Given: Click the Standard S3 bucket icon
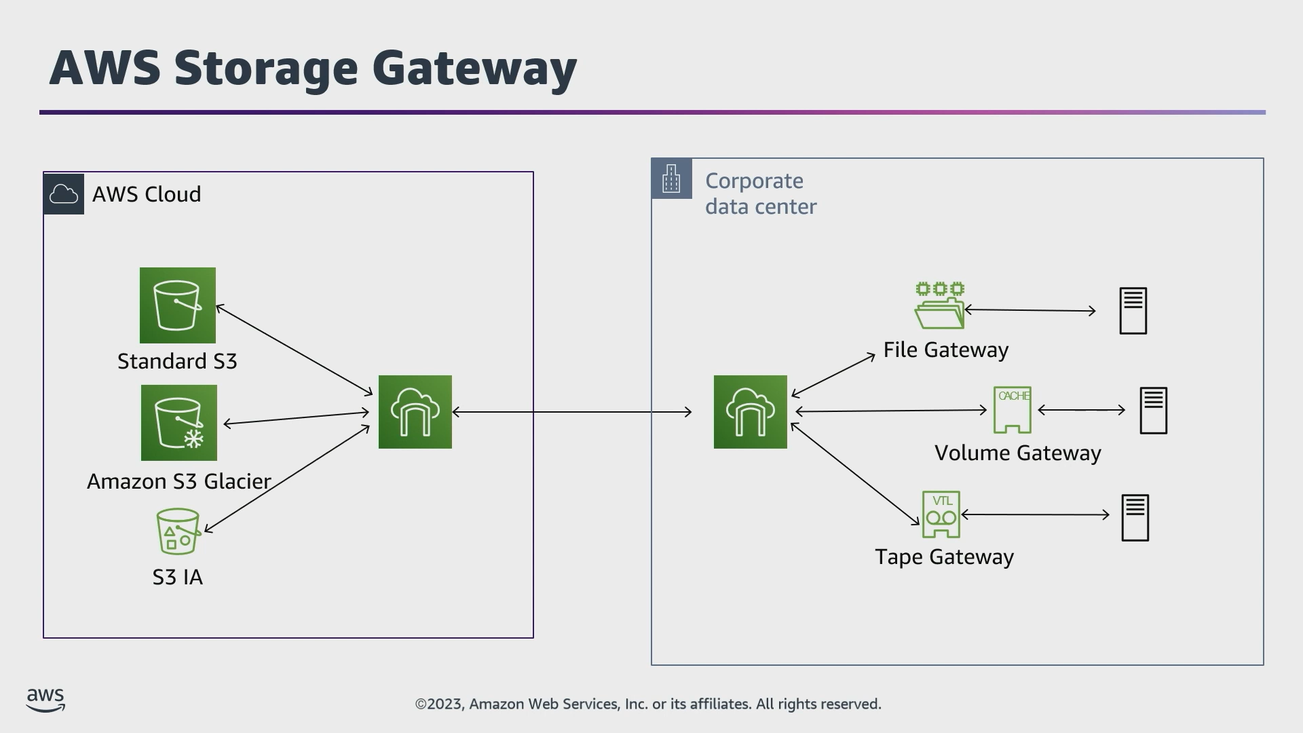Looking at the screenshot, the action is [x=178, y=305].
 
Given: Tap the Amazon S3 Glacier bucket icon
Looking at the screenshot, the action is [x=179, y=423].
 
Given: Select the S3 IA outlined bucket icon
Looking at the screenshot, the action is [x=178, y=531].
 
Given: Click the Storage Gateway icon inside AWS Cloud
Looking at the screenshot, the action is [x=415, y=412].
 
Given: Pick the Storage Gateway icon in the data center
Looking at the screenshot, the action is [x=751, y=412].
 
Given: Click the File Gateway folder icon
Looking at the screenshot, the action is [x=940, y=306].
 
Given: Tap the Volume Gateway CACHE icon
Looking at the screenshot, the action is [x=1013, y=410].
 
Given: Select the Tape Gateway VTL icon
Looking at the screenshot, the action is [x=941, y=514].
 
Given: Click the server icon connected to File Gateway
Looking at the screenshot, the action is [x=1133, y=311].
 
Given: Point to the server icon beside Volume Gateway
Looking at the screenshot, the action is [x=1154, y=411].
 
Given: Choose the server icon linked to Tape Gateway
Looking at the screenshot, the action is [x=1135, y=518].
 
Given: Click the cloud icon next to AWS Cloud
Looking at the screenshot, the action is [x=64, y=194].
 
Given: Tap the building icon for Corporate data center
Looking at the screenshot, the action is [x=672, y=178].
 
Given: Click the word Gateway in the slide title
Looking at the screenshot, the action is [x=474, y=69].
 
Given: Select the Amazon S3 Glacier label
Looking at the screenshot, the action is [x=179, y=481].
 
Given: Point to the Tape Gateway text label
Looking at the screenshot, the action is [x=945, y=557].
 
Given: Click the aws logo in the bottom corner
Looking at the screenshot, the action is [x=45, y=700].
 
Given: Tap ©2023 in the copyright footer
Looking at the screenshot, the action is [x=440, y=704].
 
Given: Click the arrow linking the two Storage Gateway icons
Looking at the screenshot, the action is [x=572, y=412].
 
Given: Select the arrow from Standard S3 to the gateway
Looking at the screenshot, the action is [x=295, y=350].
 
